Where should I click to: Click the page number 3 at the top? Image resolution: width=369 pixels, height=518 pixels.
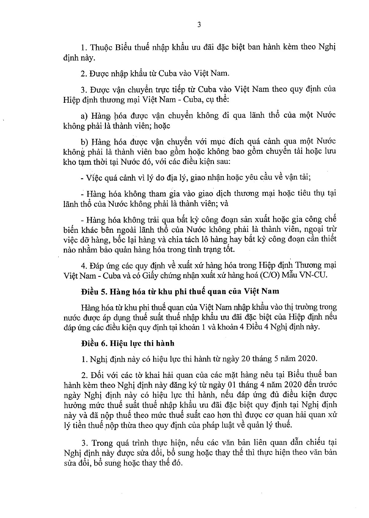199,25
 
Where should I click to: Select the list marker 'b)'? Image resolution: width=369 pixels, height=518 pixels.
84,142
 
